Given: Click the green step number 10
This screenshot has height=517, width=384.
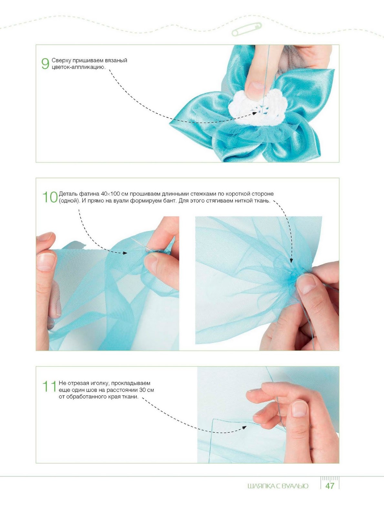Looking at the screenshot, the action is click(x=50, y=197).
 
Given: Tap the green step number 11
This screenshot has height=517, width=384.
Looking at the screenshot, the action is click(x=49, y=386).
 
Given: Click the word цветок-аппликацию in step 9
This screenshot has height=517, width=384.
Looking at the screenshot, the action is click(x=78, y=68).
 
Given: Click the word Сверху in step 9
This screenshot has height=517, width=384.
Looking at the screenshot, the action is click(x=61, y=60).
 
